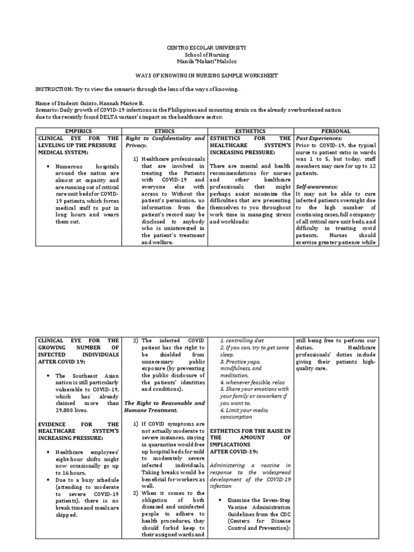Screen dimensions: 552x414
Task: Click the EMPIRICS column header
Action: coord(78,131)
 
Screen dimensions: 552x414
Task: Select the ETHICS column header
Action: coord(164,131)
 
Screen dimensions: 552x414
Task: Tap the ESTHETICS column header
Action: coord(250,131)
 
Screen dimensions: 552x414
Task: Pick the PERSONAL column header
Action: coord(335,131)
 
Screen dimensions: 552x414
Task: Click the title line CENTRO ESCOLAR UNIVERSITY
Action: coord(206,48)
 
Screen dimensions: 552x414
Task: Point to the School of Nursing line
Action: coord(206,55)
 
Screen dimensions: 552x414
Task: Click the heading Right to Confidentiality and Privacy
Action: coord(165,142)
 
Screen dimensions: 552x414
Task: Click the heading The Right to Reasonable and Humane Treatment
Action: coord(165,406)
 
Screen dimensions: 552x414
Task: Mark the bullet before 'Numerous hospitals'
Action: coord(49,167)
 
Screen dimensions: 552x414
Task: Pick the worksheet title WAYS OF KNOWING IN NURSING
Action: coord(206,75)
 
